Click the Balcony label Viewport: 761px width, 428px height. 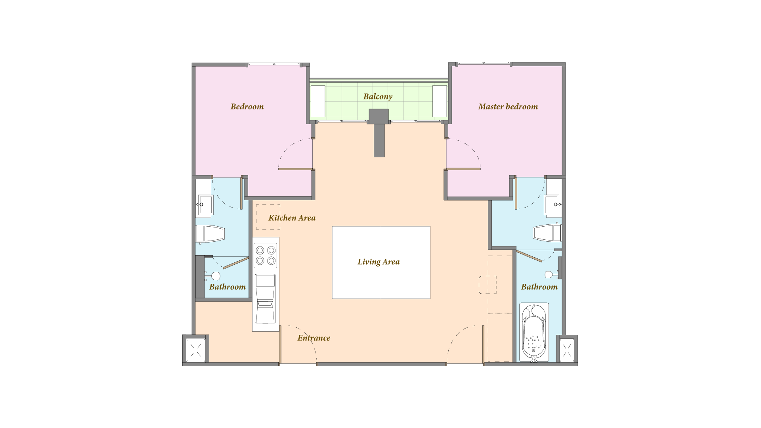coord(378,97)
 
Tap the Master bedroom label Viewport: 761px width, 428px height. coord(508,107)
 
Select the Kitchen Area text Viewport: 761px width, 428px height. coord(292,218)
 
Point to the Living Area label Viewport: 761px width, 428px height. coord(379,262)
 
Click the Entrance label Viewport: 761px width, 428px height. coord(314,338)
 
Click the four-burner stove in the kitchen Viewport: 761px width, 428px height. coord(266,256)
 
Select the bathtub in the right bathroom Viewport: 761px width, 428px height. coord(534,332)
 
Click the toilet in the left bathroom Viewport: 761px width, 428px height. coord(210,234)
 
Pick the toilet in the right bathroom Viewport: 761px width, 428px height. coord(547,233)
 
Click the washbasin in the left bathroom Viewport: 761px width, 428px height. coord(205,205)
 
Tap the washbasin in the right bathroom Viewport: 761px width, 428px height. coord(552,204)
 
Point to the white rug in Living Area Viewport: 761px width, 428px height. coord(381,262)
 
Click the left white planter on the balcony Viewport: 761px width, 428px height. coord(318,101)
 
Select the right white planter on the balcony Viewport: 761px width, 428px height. coord(440,101)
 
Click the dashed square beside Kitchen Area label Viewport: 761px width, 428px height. coord(268,217)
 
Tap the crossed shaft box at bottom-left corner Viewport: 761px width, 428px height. coord(196,350)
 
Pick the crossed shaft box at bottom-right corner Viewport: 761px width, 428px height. coord(567,350)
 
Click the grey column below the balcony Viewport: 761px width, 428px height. coord(379,133)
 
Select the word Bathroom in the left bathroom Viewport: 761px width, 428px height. coord(228,287)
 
